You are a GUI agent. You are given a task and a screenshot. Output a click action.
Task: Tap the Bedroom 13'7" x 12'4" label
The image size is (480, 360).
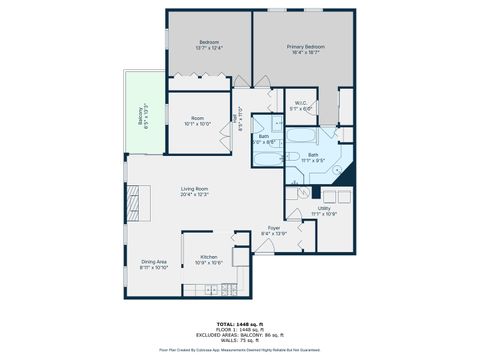(x=210, y=44)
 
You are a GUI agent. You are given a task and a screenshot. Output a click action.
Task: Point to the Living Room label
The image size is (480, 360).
(x=194, y=191)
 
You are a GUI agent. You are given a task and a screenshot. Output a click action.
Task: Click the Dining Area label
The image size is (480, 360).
(x=154, y=264)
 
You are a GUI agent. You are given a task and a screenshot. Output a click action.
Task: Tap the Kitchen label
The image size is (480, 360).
(x=209, y=259)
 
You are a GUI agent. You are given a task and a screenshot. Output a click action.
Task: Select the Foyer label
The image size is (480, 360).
(x=274, y=231)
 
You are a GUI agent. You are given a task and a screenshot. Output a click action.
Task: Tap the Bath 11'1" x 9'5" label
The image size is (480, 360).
(x=313, y=157)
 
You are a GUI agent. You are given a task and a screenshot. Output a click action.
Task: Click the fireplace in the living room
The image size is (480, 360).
(x=131, y=201)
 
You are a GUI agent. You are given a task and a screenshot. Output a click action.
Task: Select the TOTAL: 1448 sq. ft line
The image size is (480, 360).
(x=239, y=324)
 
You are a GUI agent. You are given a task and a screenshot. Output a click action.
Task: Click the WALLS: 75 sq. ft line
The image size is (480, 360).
(x=239, y=341)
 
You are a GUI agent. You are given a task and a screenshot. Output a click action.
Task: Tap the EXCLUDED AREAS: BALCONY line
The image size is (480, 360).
(x=239, y=335)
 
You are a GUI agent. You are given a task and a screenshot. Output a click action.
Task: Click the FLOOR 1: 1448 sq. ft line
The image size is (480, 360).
(x=239, y=330)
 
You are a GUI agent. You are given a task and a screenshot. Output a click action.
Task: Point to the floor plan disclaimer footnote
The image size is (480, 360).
(x=239, y=351)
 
